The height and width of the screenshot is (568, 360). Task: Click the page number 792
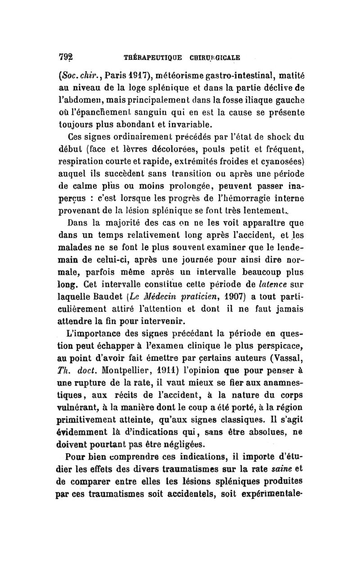click(x=66, y=58)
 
